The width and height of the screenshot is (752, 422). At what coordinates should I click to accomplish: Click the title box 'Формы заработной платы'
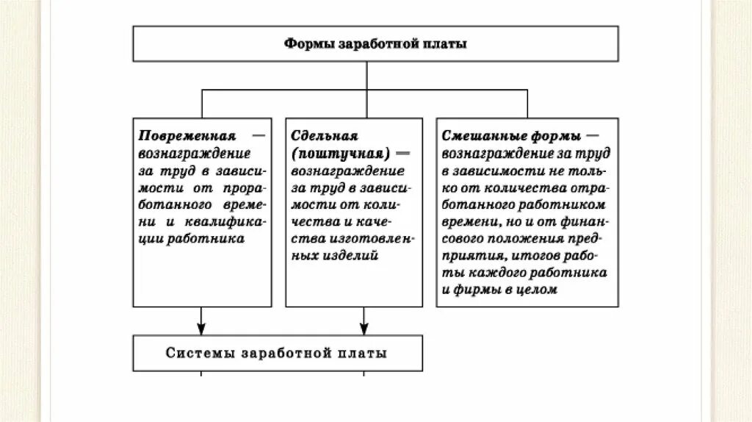coord(375,44)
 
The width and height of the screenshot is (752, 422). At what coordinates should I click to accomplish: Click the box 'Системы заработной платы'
coord(277,353)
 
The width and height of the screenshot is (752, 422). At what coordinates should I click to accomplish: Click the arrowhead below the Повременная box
coord(201,329)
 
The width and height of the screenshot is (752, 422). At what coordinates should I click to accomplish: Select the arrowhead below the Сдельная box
coord(364,329)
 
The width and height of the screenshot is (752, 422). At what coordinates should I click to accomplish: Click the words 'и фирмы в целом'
coord(500,290)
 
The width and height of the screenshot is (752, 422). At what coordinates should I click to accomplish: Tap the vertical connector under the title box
coord(365,76)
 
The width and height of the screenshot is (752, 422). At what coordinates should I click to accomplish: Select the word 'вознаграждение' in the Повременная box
coord(194,154)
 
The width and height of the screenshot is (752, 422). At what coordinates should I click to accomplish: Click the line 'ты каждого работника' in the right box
coord(524,273)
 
